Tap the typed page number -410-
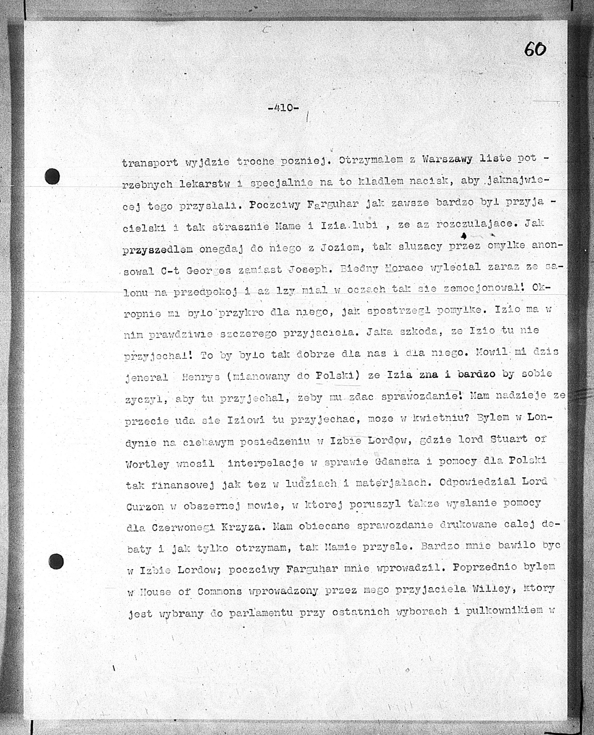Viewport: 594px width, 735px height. pos(283,108)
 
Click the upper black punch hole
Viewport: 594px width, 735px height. pos(52,177)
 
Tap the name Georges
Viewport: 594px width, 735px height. pos(208,271)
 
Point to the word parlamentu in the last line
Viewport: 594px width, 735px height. pos(261,612)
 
